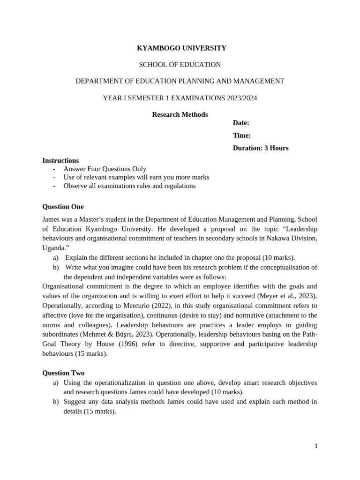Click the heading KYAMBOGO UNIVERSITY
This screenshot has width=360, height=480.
point(181,48)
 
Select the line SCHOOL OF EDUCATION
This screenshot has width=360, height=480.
point(180,64)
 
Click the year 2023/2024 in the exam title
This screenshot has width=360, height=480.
point(240,98)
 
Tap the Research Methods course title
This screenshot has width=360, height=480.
point(180,114)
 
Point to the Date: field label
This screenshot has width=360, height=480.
point(241,123)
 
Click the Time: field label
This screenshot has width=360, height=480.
point(242,135)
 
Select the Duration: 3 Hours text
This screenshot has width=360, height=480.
point(261,148)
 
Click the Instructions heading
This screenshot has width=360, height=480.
point(60,160)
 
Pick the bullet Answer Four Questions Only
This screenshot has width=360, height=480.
point(105,169)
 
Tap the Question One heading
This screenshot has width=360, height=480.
point(63,207)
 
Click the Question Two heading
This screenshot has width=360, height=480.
point(63,373)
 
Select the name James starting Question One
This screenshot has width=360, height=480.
point(51,219)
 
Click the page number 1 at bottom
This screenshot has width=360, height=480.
point(316,446)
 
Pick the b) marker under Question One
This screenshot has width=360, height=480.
point(56,267)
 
